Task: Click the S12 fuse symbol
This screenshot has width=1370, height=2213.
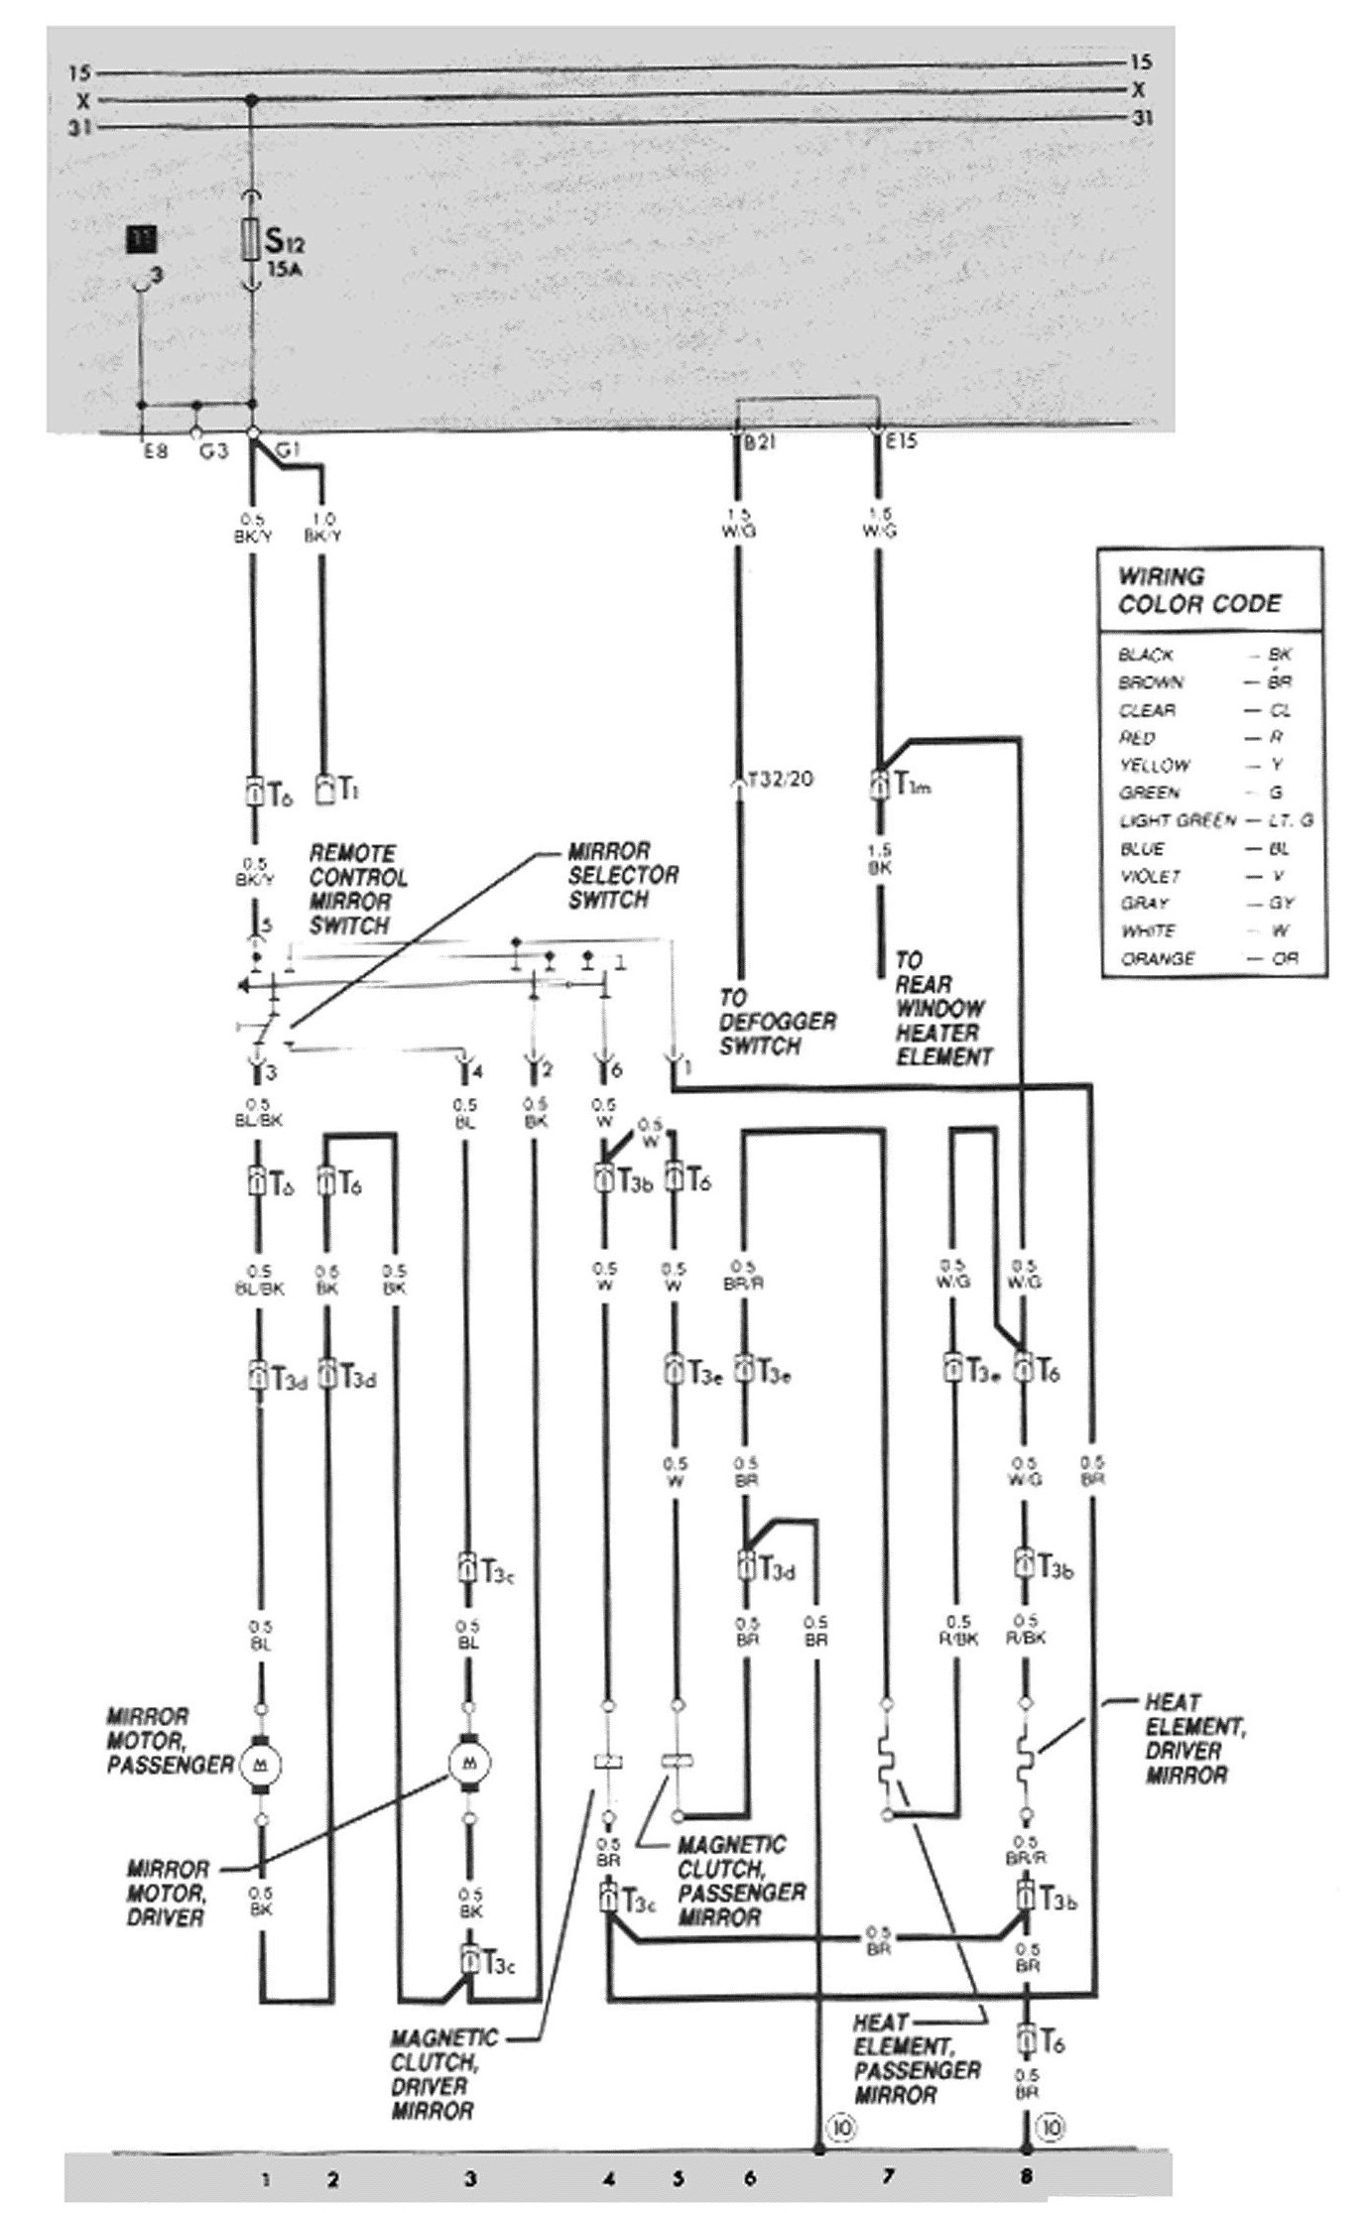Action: [252, 241]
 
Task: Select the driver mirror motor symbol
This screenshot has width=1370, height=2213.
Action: [467, 1762]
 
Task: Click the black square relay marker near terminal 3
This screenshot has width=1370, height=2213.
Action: [142, 239]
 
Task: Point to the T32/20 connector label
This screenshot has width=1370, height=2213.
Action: [781, 779]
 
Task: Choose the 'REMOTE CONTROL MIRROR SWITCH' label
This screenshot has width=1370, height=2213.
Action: [358, 889]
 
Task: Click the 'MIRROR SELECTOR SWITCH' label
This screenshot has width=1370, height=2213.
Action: [622, 876]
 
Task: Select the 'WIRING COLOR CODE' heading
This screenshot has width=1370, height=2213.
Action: [1199, 590]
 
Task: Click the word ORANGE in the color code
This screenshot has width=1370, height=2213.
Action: [1158, 959]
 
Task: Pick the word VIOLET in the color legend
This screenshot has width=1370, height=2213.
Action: [1150, 877]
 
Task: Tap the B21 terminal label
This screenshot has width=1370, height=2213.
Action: [760, 442]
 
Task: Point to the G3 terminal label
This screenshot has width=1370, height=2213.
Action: [214, 451]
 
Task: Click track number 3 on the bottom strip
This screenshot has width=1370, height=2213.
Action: [469, 2179]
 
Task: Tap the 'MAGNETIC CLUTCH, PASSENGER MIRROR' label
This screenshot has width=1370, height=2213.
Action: [741, 1881]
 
